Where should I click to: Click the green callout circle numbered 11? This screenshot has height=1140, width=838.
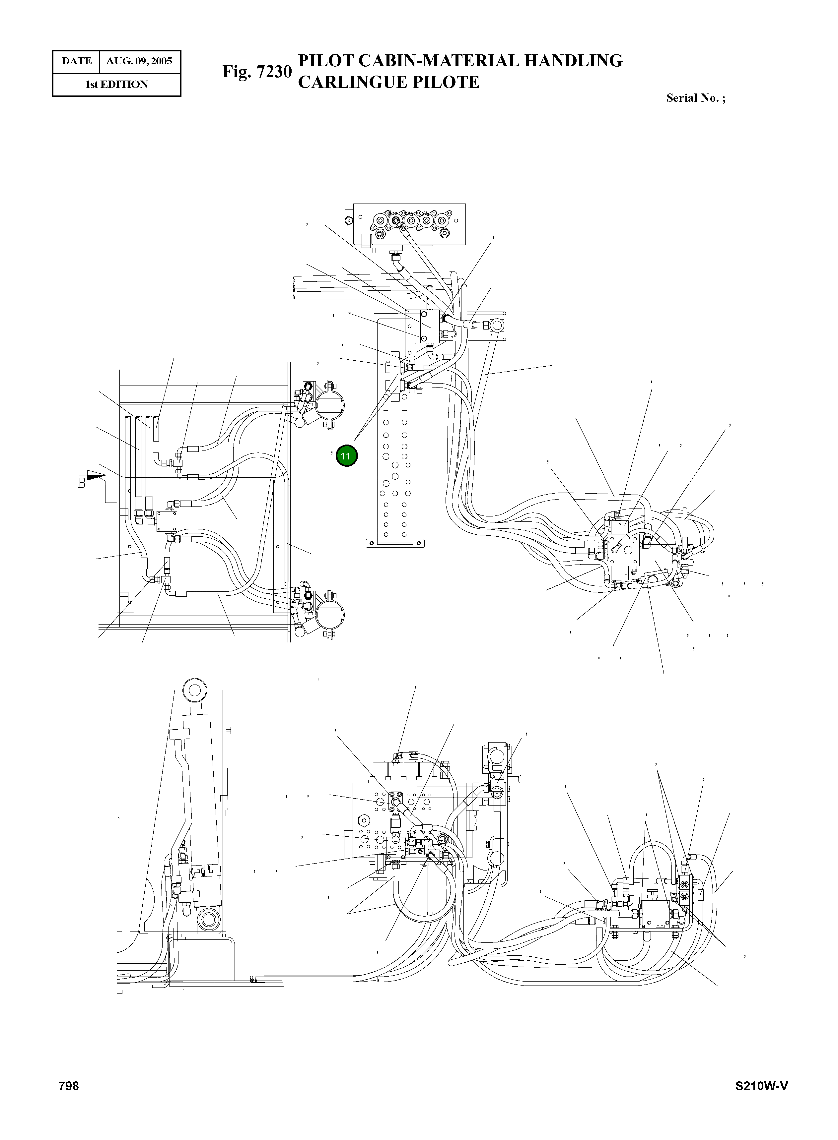tap(346, 456)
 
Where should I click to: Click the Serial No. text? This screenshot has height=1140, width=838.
tap(695, 98)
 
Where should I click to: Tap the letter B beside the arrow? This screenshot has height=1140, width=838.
tap(81, 483)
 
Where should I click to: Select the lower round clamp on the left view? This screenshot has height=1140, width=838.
tap(330, 613)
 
